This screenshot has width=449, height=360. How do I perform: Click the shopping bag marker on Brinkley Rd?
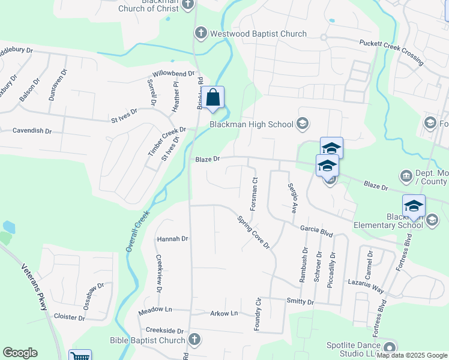(213, 97)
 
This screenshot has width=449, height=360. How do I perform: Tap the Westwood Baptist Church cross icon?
(200, 34)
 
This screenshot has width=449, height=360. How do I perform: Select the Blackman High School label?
(251, 125)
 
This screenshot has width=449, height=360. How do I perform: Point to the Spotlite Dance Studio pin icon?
(389, 347)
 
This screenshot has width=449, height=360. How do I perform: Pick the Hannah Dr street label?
(172, 239)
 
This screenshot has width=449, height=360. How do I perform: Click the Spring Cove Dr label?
(253, 232)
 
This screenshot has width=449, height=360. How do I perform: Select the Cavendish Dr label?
(32, 130)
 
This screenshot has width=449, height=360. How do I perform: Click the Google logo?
(20, 353)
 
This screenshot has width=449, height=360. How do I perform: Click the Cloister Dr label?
(70, 317)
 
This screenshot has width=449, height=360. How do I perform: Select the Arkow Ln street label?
(224, 313)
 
